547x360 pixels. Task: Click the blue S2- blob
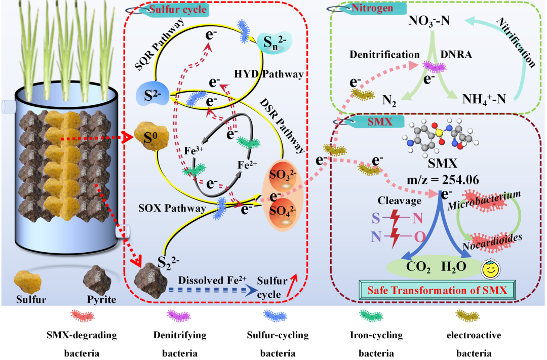152,95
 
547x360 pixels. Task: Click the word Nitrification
515,43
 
